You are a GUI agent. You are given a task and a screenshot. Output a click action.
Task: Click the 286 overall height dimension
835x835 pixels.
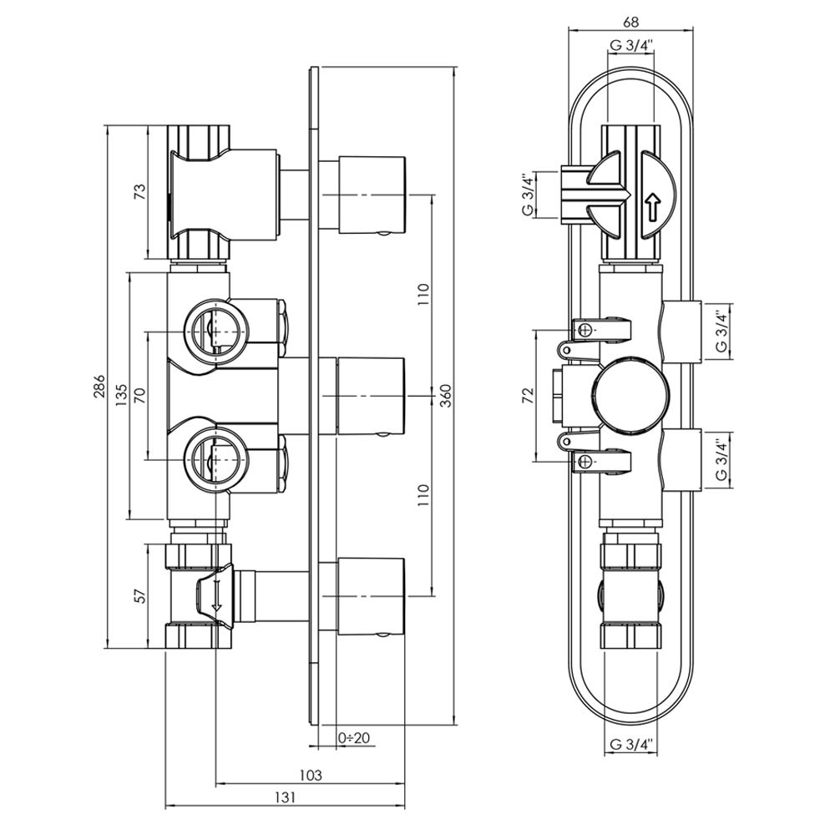click(x=99, y=387)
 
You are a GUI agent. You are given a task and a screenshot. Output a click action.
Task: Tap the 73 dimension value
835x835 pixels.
click(x=140, y=192)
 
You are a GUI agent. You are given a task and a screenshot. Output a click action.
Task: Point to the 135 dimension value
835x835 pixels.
click(x=121, y=397)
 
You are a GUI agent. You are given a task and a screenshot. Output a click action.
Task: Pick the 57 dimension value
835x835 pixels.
click(x=140, y=596)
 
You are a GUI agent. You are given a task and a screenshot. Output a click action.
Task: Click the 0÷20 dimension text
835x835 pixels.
click(x=355, y=737)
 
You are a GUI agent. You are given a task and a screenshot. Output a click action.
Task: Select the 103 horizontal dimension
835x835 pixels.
click(x=310, y=776)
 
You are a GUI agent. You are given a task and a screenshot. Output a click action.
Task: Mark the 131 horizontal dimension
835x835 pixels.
click(x=286, y=798)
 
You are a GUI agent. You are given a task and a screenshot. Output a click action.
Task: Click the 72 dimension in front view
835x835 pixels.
click(x=527, y=396)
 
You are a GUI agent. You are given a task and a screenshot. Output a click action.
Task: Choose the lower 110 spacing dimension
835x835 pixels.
click(x=423, y=497)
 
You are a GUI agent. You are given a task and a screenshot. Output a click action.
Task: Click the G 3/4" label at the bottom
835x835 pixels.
click(x=630, y=744)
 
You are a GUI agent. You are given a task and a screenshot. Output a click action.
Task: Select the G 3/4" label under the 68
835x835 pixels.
click(x=630, y=46)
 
